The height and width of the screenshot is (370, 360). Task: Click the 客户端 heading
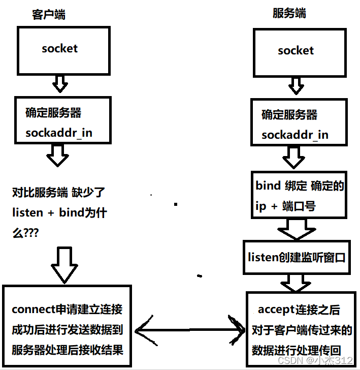coord(49,15)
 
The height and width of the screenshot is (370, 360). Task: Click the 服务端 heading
coord(289,13)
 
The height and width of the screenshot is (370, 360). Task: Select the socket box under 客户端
coord(60,49)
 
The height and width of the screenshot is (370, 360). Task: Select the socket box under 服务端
coord(296,51)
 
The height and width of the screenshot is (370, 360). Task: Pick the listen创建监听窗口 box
coord(297,257)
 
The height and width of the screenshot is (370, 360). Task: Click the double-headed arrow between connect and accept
coord(188,333)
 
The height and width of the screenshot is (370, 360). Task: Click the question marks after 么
coord(34,232)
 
